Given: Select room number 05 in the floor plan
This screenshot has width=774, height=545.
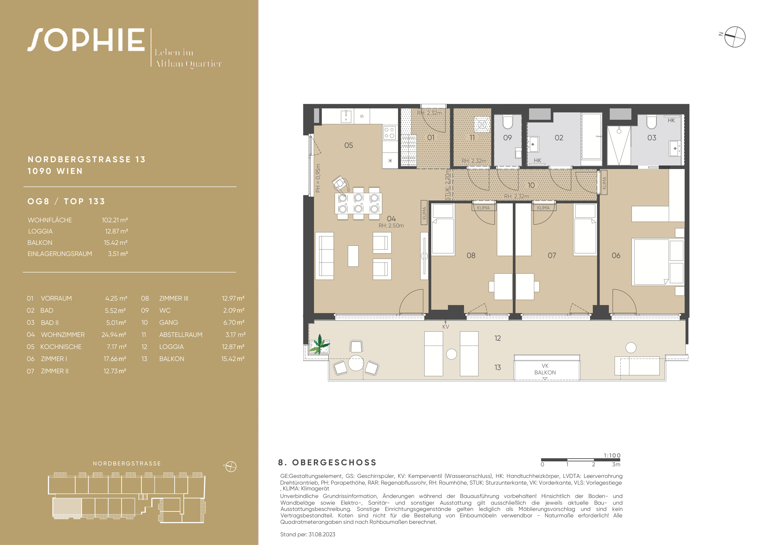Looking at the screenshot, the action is tap(349, 145).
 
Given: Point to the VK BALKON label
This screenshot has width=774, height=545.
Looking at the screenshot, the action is tap(545, 369).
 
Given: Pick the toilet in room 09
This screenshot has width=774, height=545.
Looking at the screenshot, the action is tap(508, 122).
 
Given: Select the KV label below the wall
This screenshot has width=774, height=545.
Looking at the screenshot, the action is tap(446, 327).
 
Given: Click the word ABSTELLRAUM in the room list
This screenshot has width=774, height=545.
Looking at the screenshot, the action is tap(181, 334).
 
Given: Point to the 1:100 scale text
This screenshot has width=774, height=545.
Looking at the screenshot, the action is tap(612, 455).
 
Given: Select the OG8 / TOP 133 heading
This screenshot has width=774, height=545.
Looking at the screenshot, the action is tap(66, 201).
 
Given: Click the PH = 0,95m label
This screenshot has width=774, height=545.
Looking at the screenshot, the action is tap(318, 178).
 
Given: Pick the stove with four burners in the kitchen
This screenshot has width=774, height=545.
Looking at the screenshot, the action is tap(389, 132).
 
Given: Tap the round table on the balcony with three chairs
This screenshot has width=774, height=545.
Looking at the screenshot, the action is tap(356, 363).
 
